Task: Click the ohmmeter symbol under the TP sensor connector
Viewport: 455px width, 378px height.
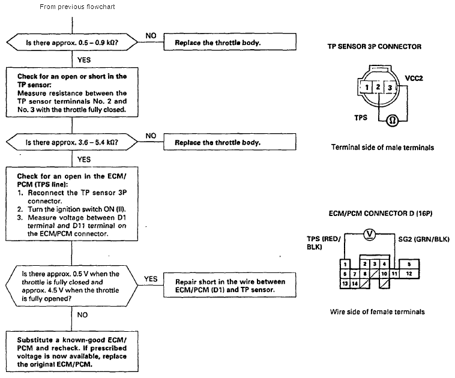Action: (393, 121)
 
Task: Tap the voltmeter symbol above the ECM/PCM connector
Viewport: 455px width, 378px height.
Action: (370, 234)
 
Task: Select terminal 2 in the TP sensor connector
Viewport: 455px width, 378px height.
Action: (378, 87)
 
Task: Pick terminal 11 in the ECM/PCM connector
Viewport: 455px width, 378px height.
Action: (394, 274)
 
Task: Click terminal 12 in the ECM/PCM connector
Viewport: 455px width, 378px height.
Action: (409, 274)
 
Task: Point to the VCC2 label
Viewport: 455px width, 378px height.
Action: (414, 79)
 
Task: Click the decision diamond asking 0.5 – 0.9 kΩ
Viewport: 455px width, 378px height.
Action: (72, 43)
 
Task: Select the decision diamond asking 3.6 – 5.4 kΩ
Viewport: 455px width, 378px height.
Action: (72, 142)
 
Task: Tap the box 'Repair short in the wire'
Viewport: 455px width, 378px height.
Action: (230, 285)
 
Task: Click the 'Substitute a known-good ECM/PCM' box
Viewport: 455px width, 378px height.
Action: (72, 352)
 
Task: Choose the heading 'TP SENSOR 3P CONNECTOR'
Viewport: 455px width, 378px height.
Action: (375, 47)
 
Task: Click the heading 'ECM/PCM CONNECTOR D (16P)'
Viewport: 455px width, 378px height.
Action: (381, 214)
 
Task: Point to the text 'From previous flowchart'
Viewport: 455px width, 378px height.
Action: (77, 7)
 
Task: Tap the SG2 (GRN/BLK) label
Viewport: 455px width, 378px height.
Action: (424, 239)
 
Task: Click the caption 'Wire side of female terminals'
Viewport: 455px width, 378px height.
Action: (377, 312)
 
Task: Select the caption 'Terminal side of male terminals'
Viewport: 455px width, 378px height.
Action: (382, 148)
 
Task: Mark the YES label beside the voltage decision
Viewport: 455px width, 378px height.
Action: (151, 279)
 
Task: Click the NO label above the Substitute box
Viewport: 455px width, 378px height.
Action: (82, 315)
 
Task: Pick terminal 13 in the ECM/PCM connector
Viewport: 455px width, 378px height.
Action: (345, 283)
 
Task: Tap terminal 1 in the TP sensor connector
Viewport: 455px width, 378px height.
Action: (367, 88)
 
